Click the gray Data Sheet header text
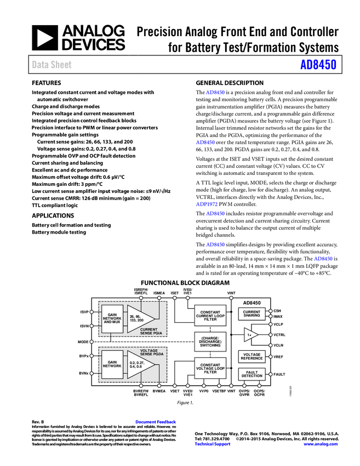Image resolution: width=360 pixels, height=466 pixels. click(52, 65)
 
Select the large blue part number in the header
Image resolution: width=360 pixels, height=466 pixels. click(318, 65)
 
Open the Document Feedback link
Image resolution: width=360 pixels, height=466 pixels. click(156, 422)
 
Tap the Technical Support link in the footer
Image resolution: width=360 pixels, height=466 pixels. click(213, 444)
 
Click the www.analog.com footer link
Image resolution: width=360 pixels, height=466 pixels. click(321, 444)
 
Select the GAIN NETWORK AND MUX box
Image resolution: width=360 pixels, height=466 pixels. click(112, 319)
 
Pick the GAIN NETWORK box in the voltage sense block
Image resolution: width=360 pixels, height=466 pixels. click(112, 364)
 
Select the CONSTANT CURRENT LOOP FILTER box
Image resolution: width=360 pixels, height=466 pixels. click(210, 316)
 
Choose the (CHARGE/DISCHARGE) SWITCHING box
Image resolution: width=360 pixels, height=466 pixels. click(210, 342)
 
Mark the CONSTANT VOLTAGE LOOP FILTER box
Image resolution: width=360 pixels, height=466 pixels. click(210, 368)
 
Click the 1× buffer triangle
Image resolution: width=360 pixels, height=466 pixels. click(250, 334)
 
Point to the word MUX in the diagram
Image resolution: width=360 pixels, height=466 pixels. click(116, 322)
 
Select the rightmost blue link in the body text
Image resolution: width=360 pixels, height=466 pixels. click(323, 258)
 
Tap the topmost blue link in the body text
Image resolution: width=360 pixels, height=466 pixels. click(215, 93)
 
